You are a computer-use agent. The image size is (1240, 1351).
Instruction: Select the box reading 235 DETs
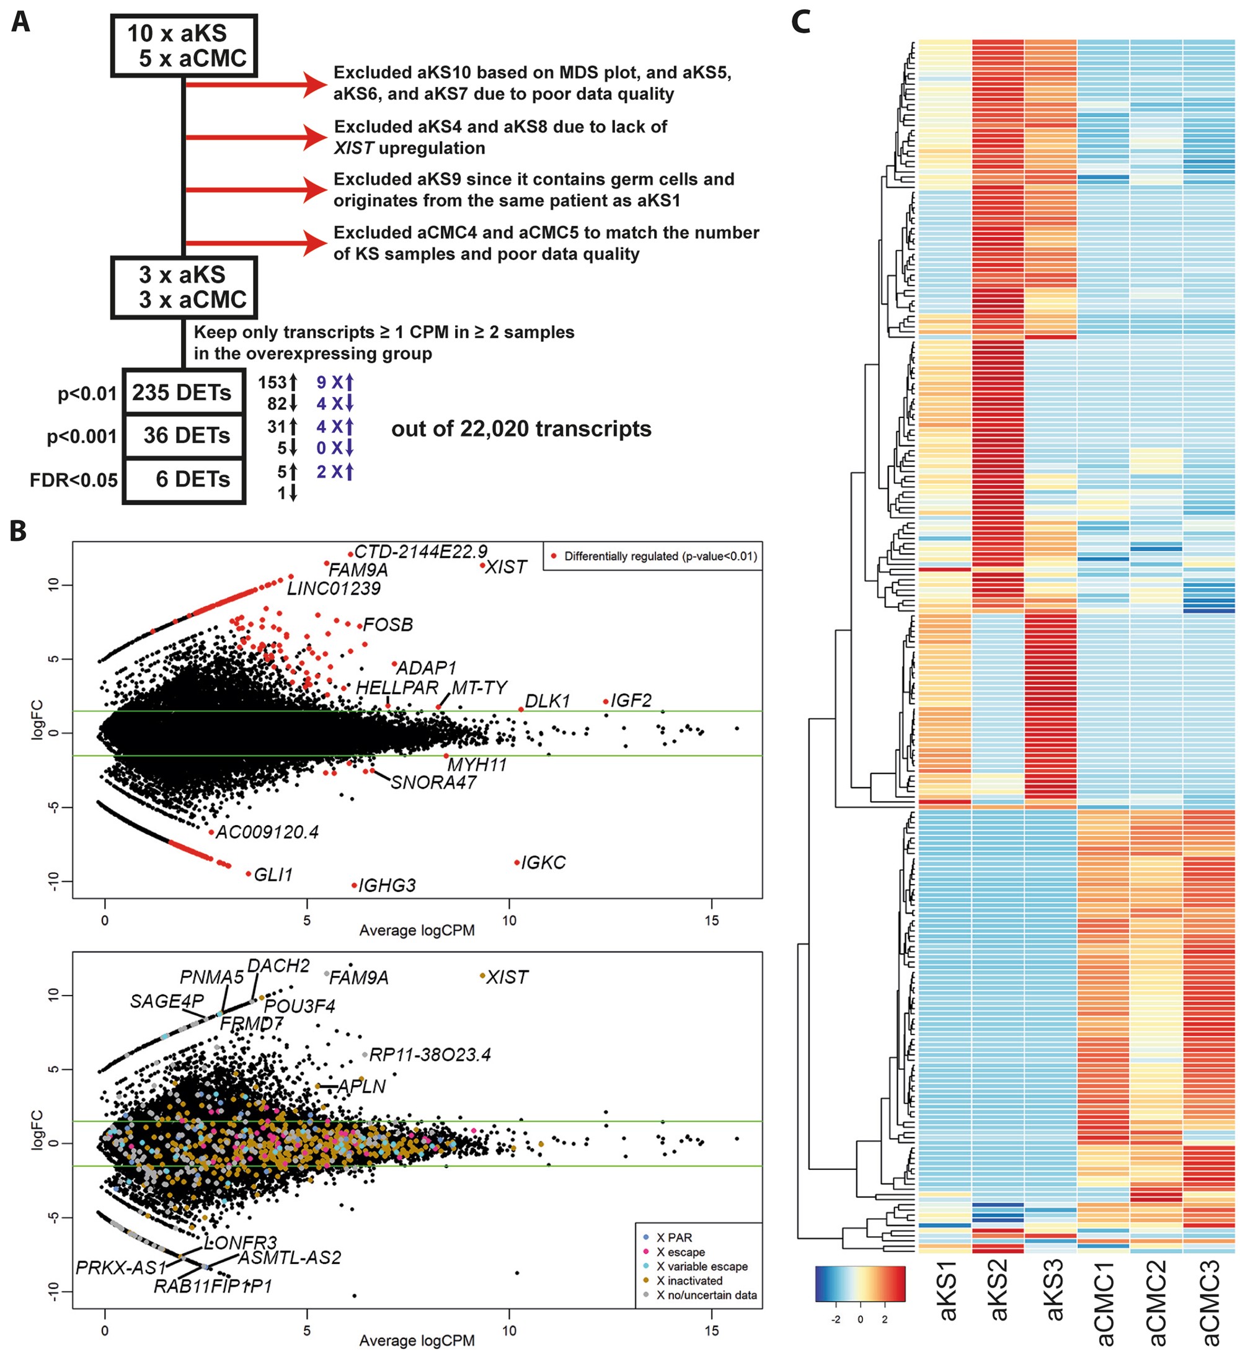(x=182, y=393)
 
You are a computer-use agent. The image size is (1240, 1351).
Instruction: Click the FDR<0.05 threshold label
(x=74, y=481)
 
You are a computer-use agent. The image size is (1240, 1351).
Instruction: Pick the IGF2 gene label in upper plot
(x=631, y=701)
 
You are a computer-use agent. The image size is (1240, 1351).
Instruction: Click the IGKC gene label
(x=544, y=862)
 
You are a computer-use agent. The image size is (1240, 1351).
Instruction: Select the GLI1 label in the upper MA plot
(x=273, y=875)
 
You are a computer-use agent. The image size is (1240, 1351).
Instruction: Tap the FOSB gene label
(x=388, y=625)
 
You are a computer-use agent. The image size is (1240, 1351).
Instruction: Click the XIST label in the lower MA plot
(x=507, y=977)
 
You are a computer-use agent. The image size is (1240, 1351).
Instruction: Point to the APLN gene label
(x=361, y=1086)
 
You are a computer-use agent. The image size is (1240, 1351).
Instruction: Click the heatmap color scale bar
(x=860, y=1284)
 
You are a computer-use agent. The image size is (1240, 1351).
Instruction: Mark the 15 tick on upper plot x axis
(x=711, y=920)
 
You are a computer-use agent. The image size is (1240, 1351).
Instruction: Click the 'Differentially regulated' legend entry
(x=660, y=556)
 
